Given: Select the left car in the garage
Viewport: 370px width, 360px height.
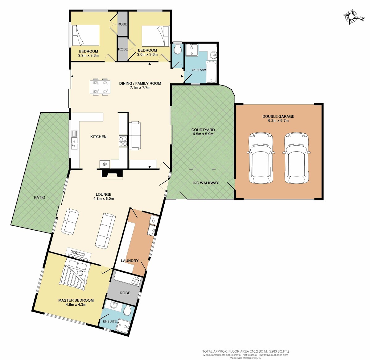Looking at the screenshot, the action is click(261, 158).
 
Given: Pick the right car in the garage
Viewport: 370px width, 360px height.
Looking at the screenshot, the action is click(297, 158).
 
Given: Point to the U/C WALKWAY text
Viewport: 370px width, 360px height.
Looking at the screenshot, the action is click(206, 183).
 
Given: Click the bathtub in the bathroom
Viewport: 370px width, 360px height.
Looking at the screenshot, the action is click(211, 72).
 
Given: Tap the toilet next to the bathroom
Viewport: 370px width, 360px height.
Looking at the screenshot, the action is click(178, 49).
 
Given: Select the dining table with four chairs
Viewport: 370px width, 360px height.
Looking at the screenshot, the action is click(100, 87).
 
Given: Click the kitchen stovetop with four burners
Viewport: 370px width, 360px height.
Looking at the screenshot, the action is click(123, 141).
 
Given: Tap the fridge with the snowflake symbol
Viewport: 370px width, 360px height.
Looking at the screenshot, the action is click(105, 164).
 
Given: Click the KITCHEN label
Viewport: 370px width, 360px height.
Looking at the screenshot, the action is click(98, 136).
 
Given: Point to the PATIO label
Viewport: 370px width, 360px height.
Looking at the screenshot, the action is click(39, 197).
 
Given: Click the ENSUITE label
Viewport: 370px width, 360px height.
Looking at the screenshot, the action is click(110, 321).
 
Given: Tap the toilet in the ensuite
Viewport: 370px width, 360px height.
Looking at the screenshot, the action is click(127, 311).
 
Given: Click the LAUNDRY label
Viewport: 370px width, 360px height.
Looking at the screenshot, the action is click(129, 261).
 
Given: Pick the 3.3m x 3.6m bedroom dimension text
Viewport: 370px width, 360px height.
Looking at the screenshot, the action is click(88, 56).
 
